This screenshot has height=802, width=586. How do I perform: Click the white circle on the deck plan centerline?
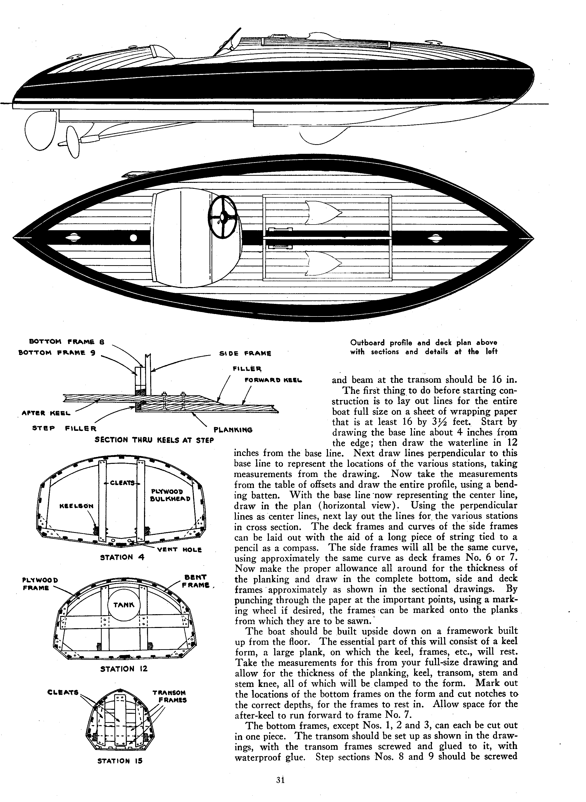point(133,238)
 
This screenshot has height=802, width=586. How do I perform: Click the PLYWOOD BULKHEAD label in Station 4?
point(171,495)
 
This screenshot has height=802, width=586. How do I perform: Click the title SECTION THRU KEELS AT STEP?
point(154,440)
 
